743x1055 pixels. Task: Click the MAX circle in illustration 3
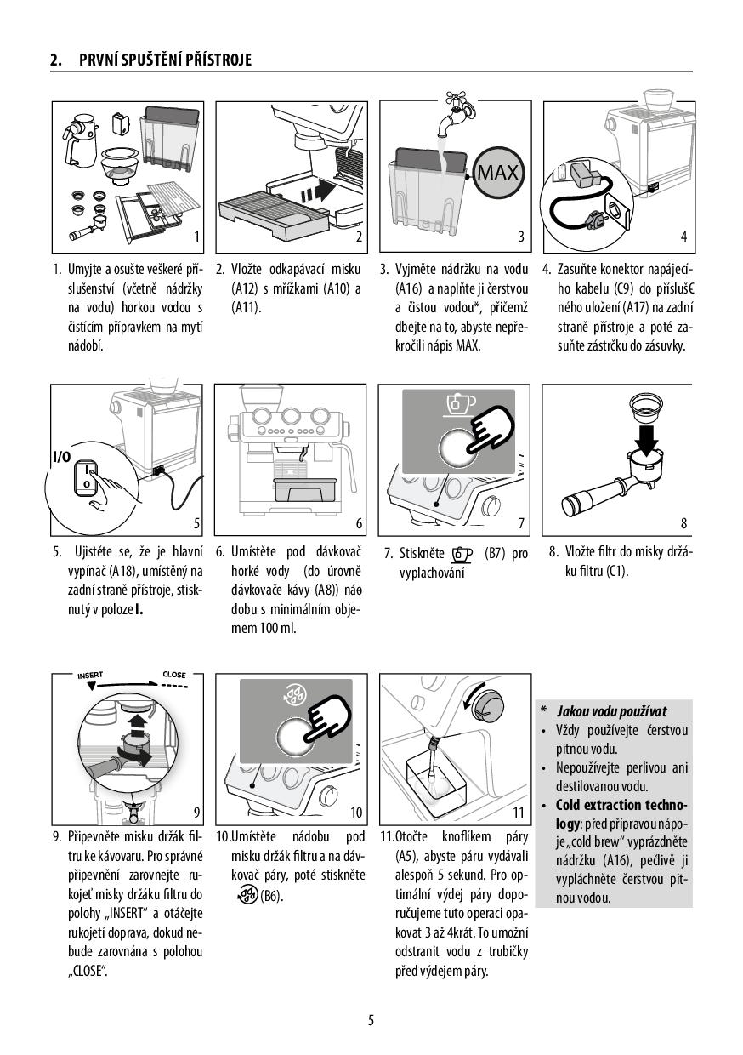[x=497, y=174]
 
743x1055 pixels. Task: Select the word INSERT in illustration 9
[x=90, y=675]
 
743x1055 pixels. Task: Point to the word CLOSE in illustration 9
[x=173, y=675]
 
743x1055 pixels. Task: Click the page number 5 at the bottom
[x=371, y=1020]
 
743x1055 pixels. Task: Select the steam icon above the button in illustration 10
[x=291, y=699]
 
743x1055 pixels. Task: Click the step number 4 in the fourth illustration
[x=683, y=237]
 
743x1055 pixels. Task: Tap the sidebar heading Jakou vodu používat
[x=611, y=711]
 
